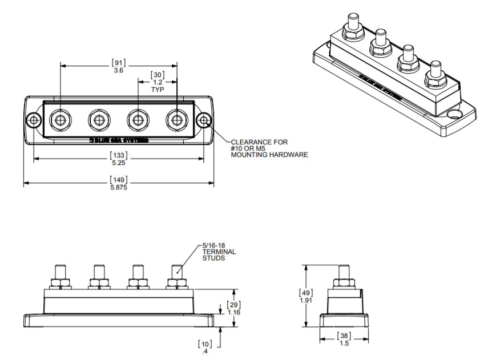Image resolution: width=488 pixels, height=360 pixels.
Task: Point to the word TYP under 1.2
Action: [158, 90]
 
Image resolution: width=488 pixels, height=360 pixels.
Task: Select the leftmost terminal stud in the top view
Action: [60, 120]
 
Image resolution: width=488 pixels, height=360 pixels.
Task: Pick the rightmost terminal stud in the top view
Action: [176, 120]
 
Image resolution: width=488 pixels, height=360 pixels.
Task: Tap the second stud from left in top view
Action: [98, 120]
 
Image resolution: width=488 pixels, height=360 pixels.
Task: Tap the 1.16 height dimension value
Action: [233, 312]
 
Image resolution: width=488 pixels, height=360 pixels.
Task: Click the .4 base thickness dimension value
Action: [204, 351]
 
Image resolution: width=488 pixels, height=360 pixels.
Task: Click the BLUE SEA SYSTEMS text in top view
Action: [118, 139]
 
